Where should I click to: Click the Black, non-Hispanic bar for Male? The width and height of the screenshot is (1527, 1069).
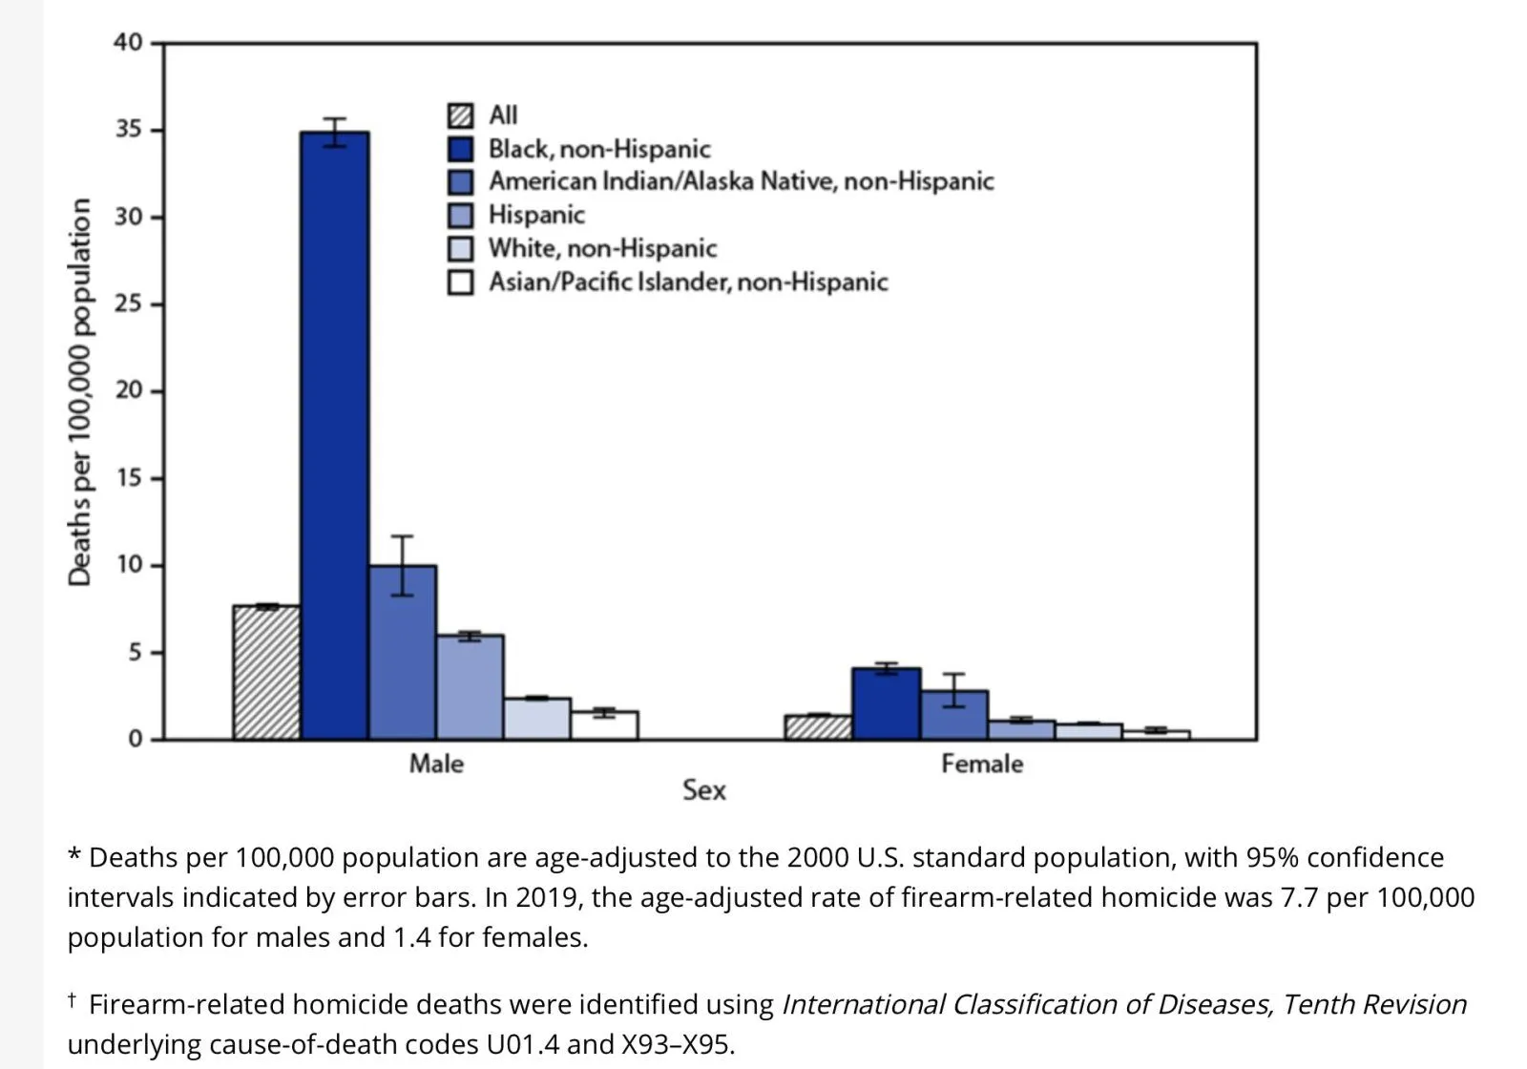(x=334, y=435)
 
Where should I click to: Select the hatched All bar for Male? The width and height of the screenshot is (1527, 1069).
(x=266, y=672)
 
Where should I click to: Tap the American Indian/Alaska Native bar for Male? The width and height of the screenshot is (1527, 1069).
(x=402, y=653)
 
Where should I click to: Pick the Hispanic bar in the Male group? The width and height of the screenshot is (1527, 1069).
(x=470, y=687)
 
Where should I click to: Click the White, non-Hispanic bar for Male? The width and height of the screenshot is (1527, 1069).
(x=537, y=719)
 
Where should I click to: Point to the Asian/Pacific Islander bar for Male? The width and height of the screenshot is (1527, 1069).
(x=604, y=725)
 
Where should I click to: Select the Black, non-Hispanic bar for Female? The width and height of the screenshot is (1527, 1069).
(x=886, y=704)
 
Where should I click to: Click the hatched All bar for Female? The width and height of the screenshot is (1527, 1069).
(x=818, y=727)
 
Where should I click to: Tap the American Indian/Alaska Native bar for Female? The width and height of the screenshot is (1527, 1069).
(x=953, y=715)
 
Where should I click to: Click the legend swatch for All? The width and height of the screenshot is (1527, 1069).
(x=460, y=115)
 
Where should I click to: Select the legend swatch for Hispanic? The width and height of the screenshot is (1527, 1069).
(x=460, y=215)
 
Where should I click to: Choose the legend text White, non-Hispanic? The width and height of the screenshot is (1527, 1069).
(x=602, y=248)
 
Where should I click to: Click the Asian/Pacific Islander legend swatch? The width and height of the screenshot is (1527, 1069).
(x=460, y=283)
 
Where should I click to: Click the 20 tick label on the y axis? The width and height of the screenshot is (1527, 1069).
(x=129, y=390)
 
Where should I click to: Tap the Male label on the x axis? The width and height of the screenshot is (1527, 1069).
(x=436, y=764)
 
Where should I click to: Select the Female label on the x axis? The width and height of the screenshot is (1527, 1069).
(x=981, y=764)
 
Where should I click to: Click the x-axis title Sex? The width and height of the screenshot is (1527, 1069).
(x=703, y=790)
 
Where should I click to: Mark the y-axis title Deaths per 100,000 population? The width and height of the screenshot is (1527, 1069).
(x=80, y=391)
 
